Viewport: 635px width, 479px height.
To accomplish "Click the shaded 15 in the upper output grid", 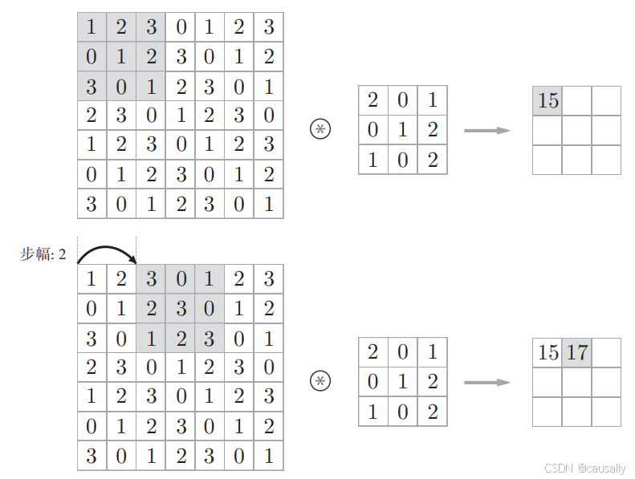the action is click(547, 101).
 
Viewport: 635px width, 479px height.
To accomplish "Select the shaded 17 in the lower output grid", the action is click(577, 352).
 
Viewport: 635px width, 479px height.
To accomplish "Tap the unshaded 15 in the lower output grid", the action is click(547, 352).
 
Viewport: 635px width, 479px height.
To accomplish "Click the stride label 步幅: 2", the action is click(43, 254).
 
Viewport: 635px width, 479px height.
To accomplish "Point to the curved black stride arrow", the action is click(107, 252).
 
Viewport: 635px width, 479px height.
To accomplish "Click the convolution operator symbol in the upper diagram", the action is click(320, 129).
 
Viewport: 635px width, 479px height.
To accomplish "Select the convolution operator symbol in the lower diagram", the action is click(320, 381).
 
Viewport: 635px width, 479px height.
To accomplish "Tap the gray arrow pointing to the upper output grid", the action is click(487, 130).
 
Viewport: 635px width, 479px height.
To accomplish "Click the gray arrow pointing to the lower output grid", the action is click(487, 382).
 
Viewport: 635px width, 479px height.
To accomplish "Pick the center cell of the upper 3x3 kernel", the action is click(403, 130).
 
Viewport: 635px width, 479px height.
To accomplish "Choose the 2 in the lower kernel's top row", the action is click(372, 352).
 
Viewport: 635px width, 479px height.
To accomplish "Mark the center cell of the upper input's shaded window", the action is click(121, 57).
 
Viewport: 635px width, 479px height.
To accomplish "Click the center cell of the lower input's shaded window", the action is click(181, 308).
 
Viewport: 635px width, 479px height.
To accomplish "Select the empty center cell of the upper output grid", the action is click(576, 130).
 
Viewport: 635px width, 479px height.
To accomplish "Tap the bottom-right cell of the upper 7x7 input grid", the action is click(269, 203).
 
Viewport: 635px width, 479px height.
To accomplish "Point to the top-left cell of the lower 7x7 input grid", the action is click(92, 279).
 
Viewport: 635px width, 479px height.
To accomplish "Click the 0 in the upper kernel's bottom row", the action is click(403, 160).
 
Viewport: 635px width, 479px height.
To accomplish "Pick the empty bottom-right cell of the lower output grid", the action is click(606, 412).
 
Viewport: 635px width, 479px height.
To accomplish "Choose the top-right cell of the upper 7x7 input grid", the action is click(269, 27).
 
